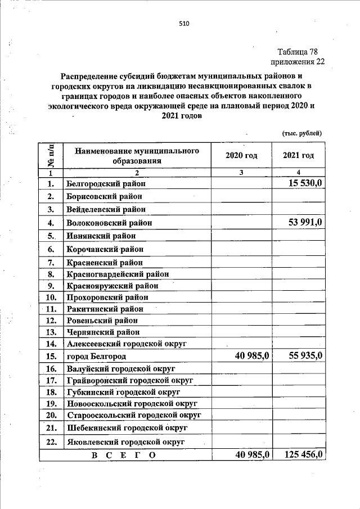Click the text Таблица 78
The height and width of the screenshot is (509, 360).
(x=301, y=52)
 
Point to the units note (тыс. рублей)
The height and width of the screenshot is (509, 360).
(x=301, y=133)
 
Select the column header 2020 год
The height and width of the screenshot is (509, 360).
(x=241, y=155)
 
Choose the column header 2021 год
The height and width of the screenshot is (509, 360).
(x=298, y=155)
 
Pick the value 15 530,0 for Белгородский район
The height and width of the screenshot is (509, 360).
(x=301, y=183)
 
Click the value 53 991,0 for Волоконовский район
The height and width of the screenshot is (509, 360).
(x=301, y=222)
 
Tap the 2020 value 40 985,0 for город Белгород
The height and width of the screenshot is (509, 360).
(x=246, y=355)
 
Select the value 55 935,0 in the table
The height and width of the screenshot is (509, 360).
(x=301, y=355)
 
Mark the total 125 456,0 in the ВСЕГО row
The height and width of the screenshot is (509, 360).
(x=298, y=454)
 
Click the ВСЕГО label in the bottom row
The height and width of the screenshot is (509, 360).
(x=124, y=455)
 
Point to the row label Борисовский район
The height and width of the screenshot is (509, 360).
(x=103, y=196)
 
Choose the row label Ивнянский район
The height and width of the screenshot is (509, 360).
(x=101, y=236)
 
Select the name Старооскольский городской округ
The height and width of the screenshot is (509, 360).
(x=134, y=415)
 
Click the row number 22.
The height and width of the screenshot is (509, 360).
(x=51, y=442)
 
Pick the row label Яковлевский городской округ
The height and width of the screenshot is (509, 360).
(x=125, y=442)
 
